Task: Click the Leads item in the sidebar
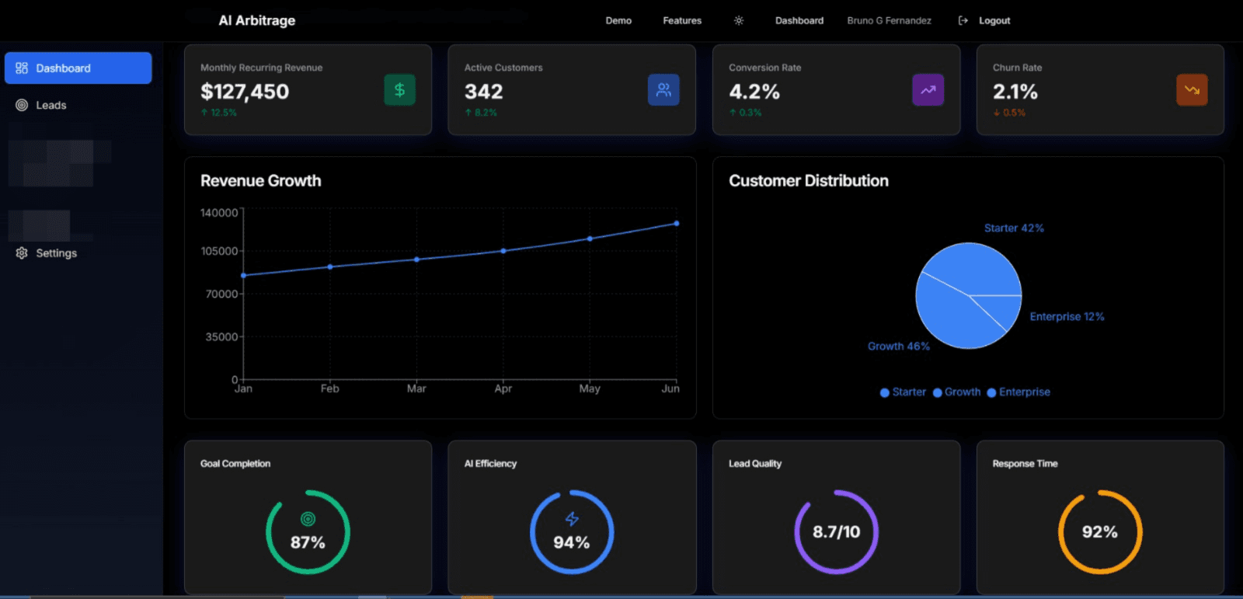pyautogui.click(x=50, y=105)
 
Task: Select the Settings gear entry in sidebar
pyautogui.click(x=56, y=253)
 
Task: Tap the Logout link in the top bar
pyautogui.click(x=994, y=21)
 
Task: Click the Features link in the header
pyautogui.click(x=681, y=21)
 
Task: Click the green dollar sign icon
pyautogui.click(x=399, y=90)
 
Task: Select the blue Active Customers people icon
pyautogui.click(x=663, y=90)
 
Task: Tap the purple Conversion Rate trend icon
pyautogui.click(x=928, y=90)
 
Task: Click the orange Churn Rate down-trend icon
pyautogui.click(x=1192, y=90)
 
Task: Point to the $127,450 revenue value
pyautogui.click(x=245, y=92)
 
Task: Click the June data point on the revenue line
pyautogui.click(x=677, y=224)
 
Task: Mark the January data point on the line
pyautogui.click(x=244, y=275)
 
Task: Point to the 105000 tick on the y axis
pyautogui.click(x=219, y=251)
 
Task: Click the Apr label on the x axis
pyautogui.click(x=503, y=388)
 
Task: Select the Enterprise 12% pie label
pyautogui.click(x=1067, y=316)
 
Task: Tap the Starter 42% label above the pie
pyautogui.click(x=1014, y=228)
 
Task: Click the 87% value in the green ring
pyautogui.click(x=308, y=542)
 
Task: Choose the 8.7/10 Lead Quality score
pyautogui.click(x=836, y=532)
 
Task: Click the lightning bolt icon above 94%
pyautogui.click(x=572, y=518)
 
